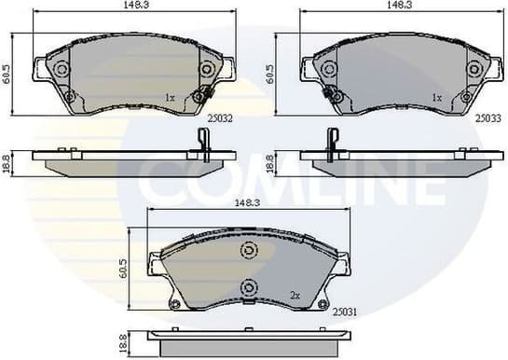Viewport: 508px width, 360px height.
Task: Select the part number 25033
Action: pos(486,118)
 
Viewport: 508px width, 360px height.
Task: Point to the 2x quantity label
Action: pos(295,295)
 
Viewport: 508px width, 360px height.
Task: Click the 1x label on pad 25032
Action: pos(170,97)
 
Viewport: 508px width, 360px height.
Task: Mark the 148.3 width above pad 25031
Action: pos(248,201)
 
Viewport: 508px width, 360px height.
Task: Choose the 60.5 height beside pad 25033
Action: pos(270,72)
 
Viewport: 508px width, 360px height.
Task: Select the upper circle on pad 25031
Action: pos(248,249)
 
